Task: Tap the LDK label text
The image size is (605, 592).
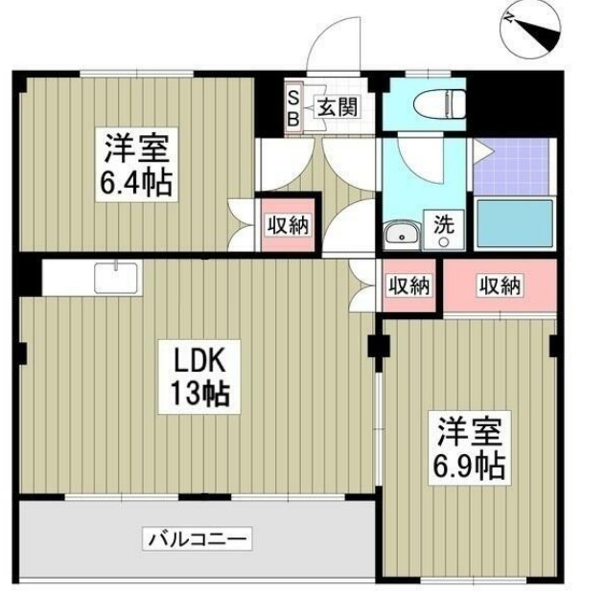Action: coord(198,361)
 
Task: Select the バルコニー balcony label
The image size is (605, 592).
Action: coord(198,539)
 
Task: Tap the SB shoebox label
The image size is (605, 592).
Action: coord(293,106)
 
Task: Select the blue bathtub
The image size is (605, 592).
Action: coord(516,225)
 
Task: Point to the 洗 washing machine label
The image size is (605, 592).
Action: coord(443,227)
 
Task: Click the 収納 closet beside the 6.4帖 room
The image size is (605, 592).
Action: coord(287,226)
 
